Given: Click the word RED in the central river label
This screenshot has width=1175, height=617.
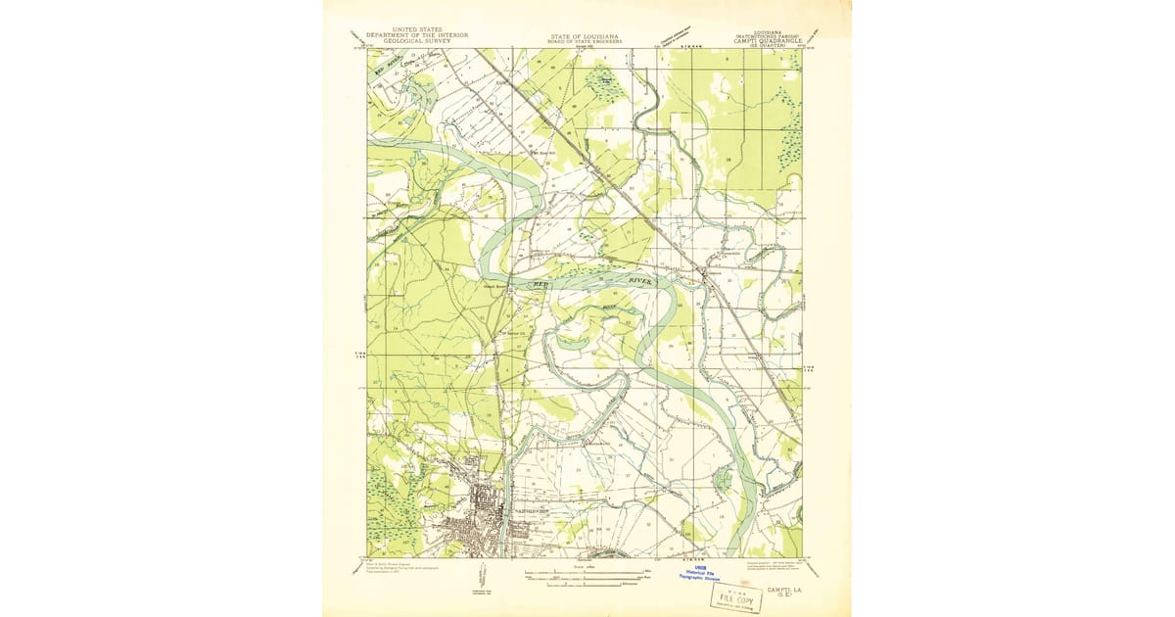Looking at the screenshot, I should point(541,282).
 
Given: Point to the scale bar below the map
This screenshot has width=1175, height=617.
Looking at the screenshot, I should point(586,575).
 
